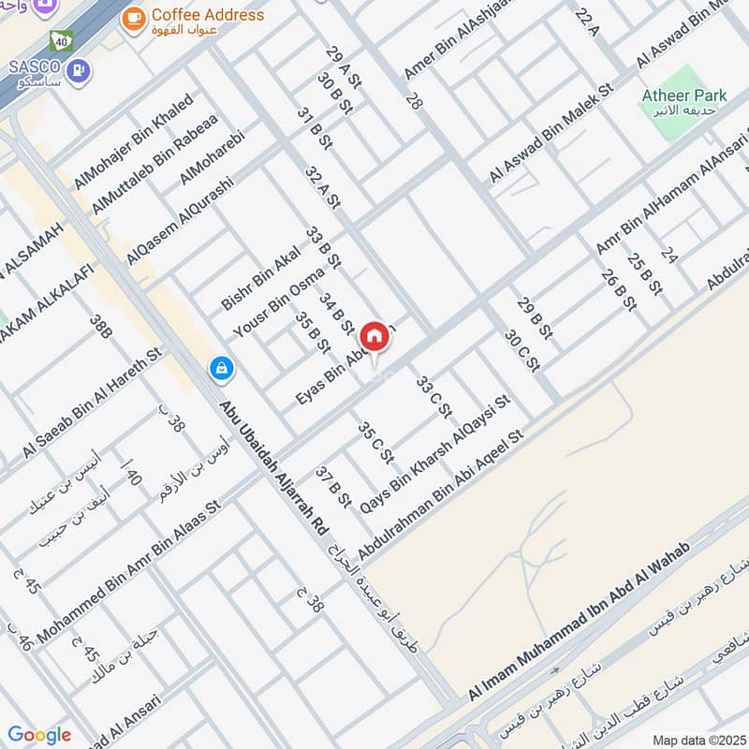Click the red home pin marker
(374, 335)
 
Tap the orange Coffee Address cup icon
(134, 16)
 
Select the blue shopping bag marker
(222, 368)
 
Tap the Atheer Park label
(684, 95)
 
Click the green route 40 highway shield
(62, 40)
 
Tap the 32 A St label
(321, 184)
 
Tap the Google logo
(38, 735)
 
